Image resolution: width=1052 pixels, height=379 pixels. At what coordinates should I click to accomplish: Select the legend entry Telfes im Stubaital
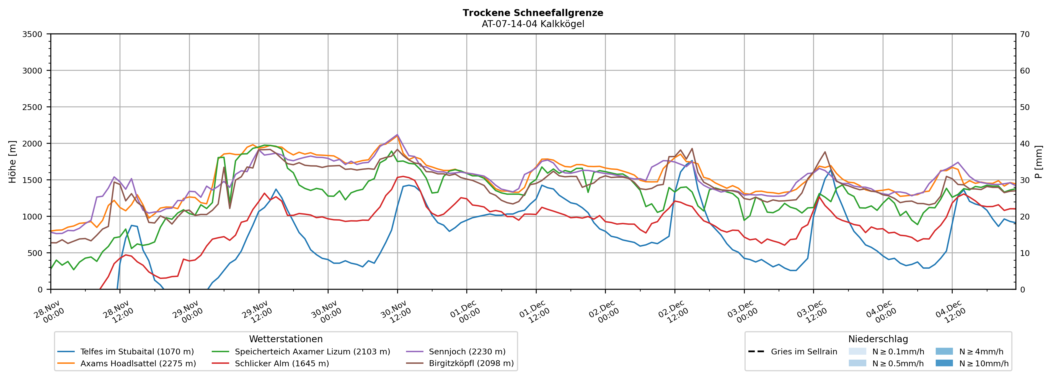137,352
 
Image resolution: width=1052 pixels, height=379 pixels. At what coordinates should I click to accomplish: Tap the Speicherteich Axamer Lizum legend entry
312,352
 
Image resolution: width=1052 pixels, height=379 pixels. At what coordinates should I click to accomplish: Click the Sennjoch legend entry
467,352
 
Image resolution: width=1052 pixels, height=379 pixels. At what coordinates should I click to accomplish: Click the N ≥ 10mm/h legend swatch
944,363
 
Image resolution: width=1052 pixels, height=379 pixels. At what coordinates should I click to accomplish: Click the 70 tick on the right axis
1025,34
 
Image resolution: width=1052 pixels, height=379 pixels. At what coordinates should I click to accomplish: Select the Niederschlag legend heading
878,339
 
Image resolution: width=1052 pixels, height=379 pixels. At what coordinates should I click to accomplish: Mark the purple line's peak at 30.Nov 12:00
397,135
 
